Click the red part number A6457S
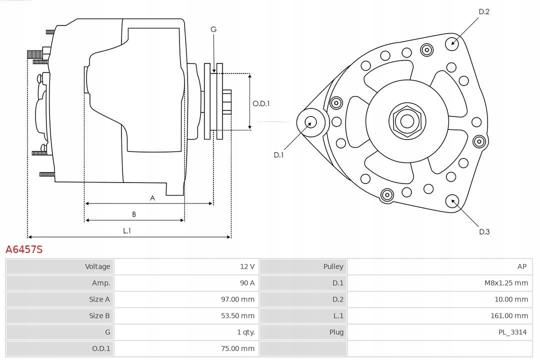(24, 249)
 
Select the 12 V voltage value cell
(247, 266)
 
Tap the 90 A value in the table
(247, 283)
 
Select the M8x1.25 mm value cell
(506, 283)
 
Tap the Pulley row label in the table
(333, 266)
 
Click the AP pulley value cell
(522, 266)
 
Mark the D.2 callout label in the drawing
(484, 11)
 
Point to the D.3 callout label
(484, 231)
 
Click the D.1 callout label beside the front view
(278, 155)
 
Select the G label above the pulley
(213, 29)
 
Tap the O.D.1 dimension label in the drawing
(261, 103)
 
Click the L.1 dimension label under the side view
(127, 230)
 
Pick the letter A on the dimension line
(152, 198)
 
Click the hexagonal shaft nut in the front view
(407, 120)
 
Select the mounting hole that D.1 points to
(310, 122)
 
